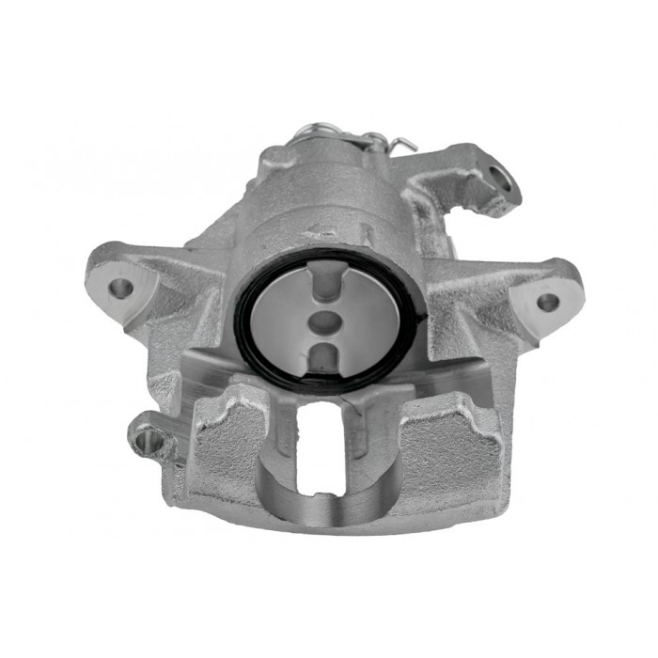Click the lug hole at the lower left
pyautogui.click(x=143, y=434)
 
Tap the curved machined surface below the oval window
pyautogui.click(x=320, y=508)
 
